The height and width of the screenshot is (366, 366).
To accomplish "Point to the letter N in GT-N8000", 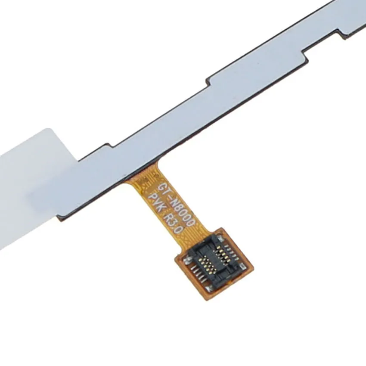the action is coord(175,199).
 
